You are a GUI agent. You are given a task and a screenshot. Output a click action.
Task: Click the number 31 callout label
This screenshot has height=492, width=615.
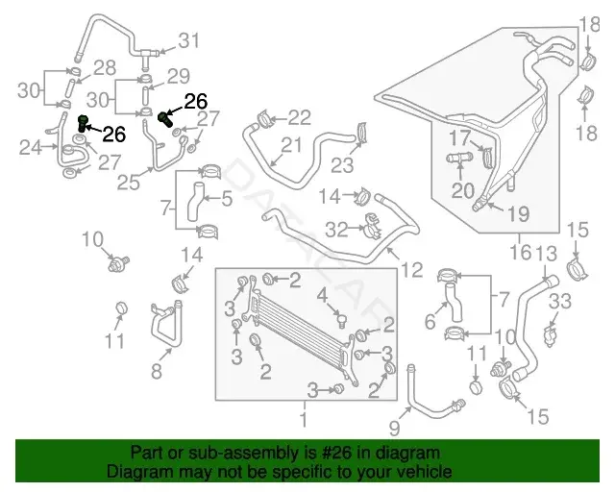click(189, 40)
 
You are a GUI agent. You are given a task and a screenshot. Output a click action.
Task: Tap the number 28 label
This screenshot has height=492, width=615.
click(105, 67)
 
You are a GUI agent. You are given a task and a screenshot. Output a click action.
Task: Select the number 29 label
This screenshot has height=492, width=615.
click(179, 76)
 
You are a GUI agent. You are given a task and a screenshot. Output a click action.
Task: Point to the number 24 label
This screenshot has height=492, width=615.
click(30, 148)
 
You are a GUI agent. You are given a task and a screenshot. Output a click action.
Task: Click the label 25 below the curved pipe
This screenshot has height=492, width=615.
click(128, 182)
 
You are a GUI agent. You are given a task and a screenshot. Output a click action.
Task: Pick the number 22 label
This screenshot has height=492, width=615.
click(300, 117)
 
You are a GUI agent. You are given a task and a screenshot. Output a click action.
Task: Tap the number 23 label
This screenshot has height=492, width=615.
click(342, 165)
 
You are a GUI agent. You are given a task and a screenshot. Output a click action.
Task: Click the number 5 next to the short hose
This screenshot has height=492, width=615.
click(227, 198)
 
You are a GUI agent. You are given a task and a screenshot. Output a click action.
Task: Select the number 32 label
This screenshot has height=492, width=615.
click(337, 230)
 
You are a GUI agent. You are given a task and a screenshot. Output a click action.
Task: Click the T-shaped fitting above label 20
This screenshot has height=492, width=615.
click(460, 159)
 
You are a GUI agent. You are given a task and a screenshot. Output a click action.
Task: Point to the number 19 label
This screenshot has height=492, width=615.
click(519, 214)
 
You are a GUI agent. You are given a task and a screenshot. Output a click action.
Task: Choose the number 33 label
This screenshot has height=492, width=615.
click(560, 302)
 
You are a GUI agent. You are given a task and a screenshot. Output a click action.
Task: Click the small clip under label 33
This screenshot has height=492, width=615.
click(552, 336)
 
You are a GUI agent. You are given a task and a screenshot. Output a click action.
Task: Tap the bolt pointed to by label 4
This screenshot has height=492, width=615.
click(342, 321)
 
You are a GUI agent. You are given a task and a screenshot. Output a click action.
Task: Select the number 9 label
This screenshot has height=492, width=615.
click(394, 428)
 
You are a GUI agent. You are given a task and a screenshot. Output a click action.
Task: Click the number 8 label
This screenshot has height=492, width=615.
click(156, 371)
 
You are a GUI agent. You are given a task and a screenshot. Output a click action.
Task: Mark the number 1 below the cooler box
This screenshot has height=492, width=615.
click(304, 418)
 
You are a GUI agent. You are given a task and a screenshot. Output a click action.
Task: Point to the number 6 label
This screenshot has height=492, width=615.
click(430, 322)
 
